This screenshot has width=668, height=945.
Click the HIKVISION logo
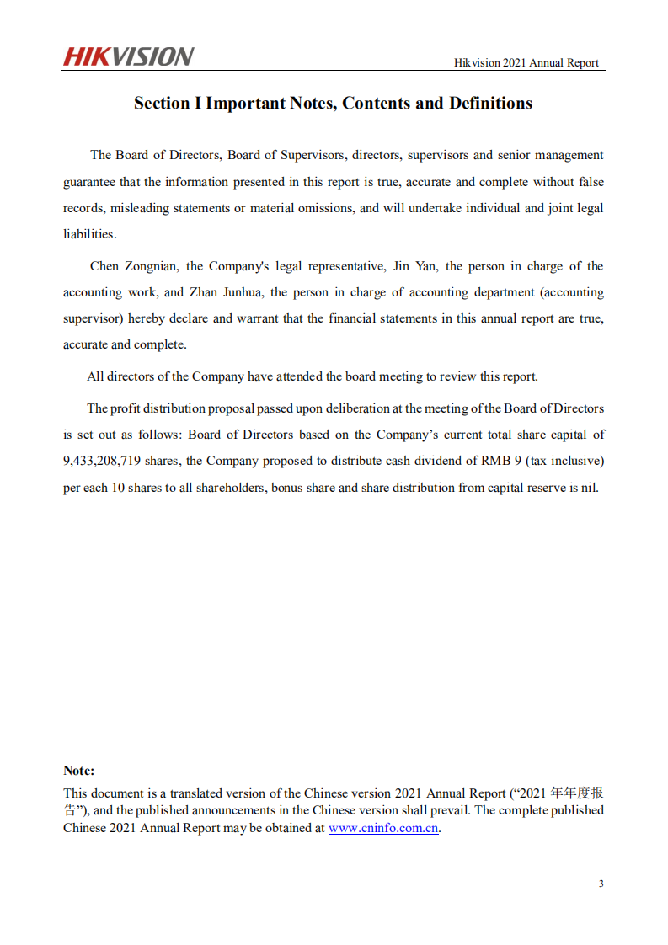click(x=128, y=56)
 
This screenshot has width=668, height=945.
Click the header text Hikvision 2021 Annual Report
click(x=526, y=62)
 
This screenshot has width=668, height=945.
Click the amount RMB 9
click(x=494, y=461)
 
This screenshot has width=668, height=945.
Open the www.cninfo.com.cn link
click(x=383, y=828)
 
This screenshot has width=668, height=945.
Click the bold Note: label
click(x=79, y=771)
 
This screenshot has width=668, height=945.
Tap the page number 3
click(x=601, y=884)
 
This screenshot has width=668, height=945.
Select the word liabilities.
click(x=88, y=234)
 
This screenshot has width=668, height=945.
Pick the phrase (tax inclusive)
click(x=564, y=461)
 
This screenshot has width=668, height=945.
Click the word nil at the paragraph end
click(x=588, y=488)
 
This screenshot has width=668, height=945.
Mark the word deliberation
click(x=353, y=408)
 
